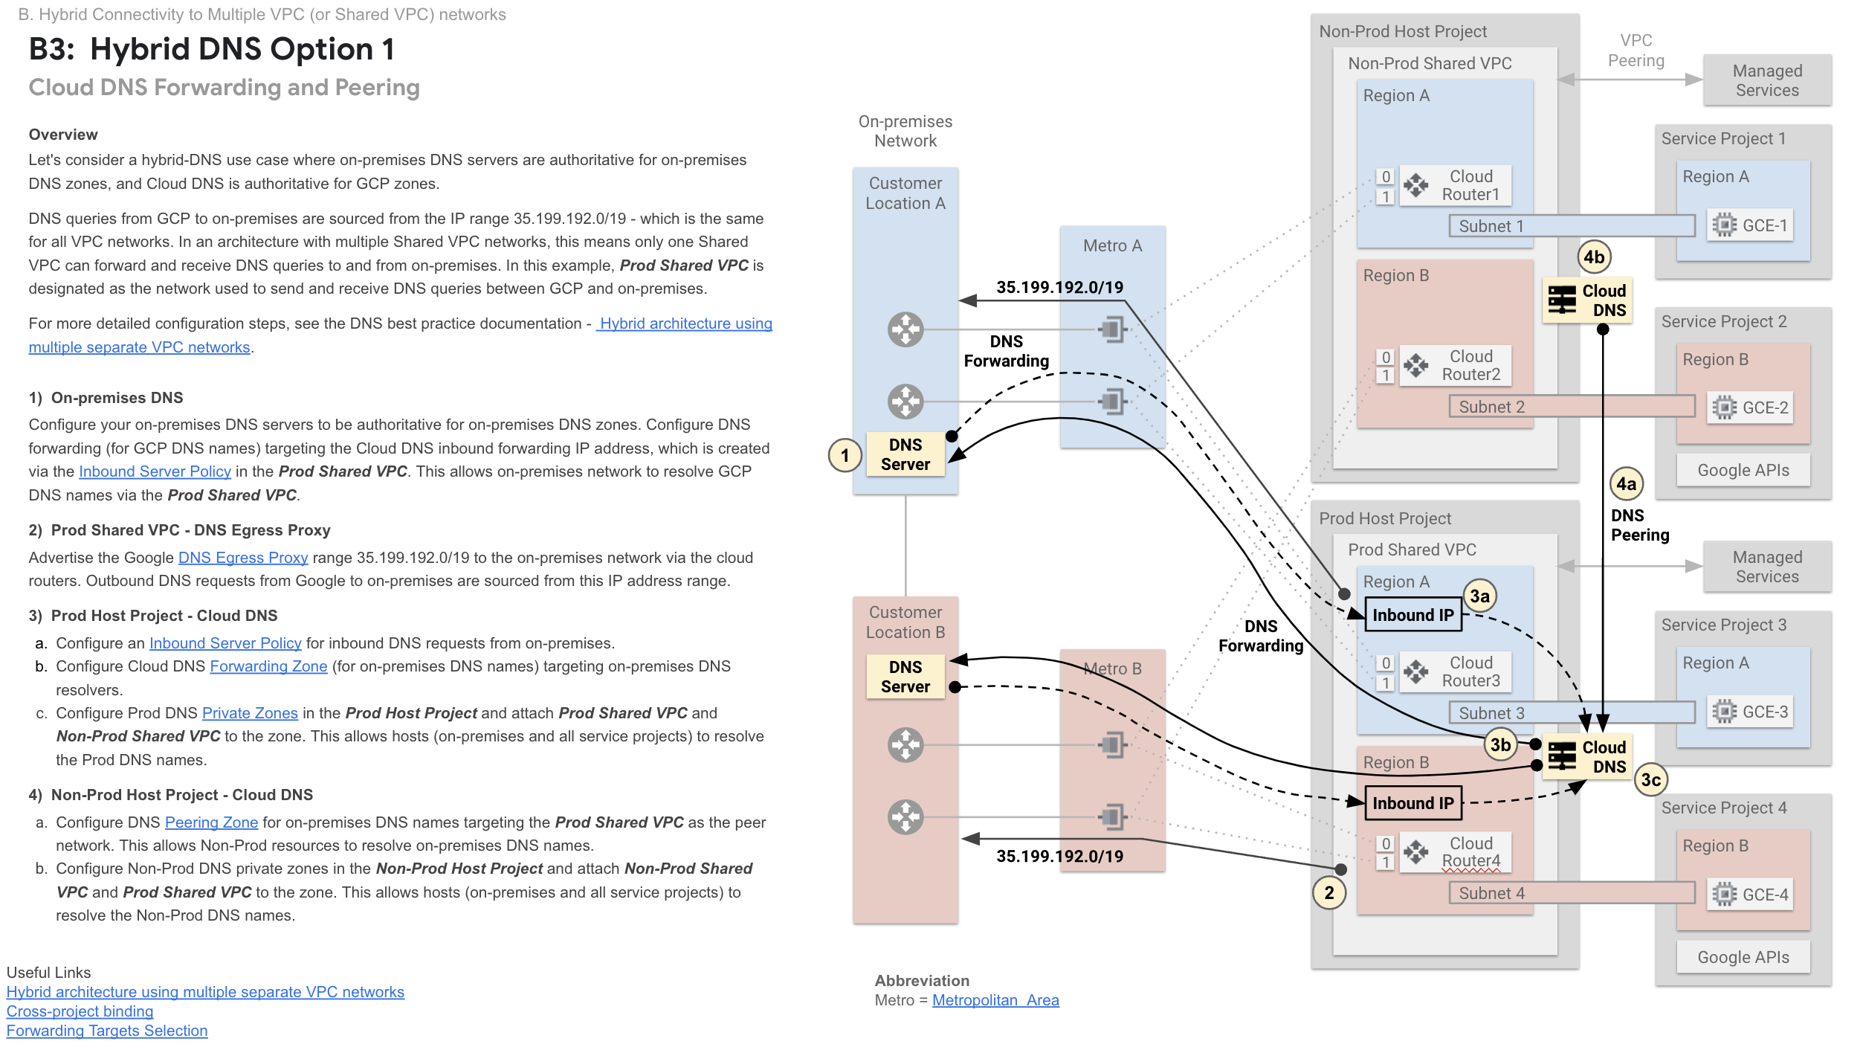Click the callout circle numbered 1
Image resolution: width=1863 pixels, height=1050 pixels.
[x=845, y=455]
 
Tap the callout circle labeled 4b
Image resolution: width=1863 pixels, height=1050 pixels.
[x=1593, y=257]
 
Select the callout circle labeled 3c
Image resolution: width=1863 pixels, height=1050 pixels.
[x=1650, y=779]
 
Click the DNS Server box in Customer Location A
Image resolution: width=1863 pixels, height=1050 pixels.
[x=905, y=454]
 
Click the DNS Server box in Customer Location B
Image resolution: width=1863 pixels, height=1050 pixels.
[x=905, y=677]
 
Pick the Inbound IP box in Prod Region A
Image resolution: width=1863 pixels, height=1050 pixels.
[x=1412, y=615]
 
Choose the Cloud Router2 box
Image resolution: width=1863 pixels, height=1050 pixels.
[x=1455, y=365]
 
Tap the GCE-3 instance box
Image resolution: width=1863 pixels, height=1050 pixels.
[x=1750, y=712]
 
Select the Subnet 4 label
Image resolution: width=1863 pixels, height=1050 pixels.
[x=1491, y=893]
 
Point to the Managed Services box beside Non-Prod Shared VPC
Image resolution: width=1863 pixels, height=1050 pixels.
[x=1766, y=80]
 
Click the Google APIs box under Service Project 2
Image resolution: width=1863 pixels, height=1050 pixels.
[x=1743, y=470]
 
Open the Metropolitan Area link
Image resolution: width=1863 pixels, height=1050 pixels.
[x=995, y=1000]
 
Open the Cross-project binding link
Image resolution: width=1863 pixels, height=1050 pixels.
[x=80, y=1011]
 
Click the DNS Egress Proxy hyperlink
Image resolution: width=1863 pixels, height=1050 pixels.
[x=242, y=558]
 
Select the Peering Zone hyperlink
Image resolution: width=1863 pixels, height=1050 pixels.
[x=211, y=822]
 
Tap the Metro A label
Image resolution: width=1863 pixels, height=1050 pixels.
[x=1112, y=245]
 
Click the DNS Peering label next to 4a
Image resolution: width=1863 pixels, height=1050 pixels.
[x=1639, y=525]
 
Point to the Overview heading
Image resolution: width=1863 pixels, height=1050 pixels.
[x=63, y=135]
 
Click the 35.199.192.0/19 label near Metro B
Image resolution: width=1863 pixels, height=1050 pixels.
[x=1059, y=856]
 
